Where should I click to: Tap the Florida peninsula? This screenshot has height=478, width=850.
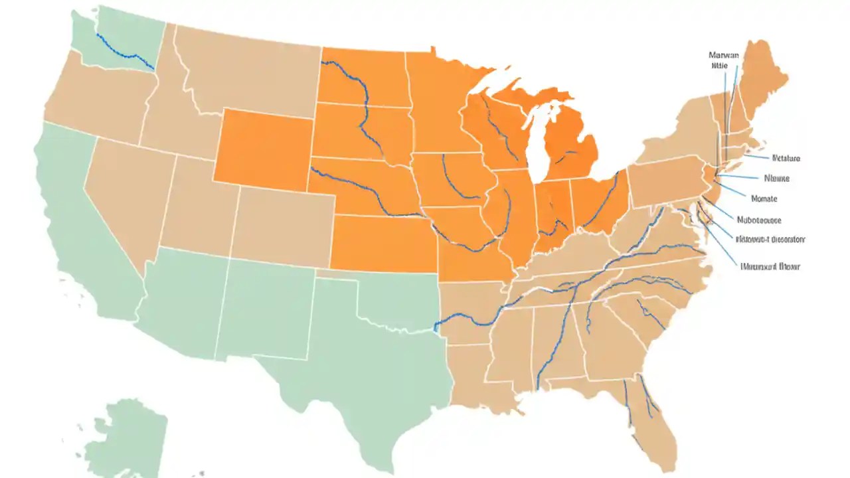pyautogui.click(x=654, y=425)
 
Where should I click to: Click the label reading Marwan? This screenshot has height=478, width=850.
pyautogui.click(x=723, y=56)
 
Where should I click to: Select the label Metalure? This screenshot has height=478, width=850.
pyautogui.click(x=786, y=159)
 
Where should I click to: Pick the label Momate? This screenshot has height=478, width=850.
pyautogui.click(x=764, y=199)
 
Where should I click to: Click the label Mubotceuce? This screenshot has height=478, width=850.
pyautogui.click(x=759, y=220)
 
